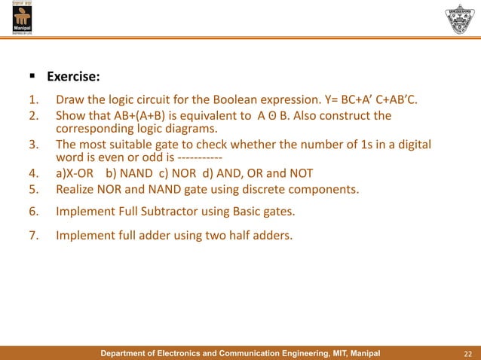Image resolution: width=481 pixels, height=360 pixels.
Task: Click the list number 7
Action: tap(33, 236)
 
